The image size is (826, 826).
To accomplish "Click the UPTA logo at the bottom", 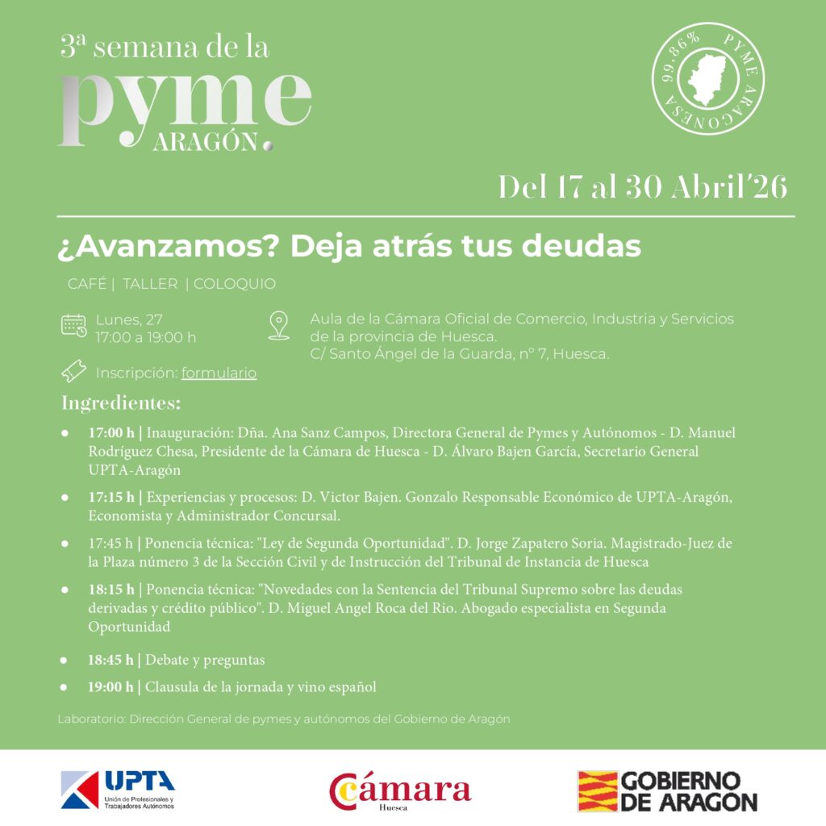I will [x=118, y=790].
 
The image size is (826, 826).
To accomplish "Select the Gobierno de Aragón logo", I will [x=667, y=791].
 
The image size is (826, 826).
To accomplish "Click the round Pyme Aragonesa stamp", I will [x=708, y=78].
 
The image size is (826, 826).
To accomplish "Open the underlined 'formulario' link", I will [x=219, y=373].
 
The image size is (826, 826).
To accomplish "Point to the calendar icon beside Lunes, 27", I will [x=74, y=326].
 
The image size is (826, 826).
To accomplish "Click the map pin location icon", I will [x=279, y=326].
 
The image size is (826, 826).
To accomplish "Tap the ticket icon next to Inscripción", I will [x=74, y=372].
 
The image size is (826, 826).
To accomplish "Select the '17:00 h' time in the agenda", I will [x=111, y=433].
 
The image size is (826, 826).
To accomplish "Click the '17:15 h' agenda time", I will [x=111, y=496].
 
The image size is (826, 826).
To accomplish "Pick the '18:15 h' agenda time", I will [x=111, y=590].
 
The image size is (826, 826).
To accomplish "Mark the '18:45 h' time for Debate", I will [x=111, y=660].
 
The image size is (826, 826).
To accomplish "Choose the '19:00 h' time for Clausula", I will [x=111, y=687].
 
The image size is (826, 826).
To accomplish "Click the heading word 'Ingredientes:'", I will [x=121, y=403].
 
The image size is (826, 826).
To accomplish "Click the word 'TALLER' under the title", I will [x=149, y=284].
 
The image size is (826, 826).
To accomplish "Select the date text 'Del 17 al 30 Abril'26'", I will [x=642, y=187].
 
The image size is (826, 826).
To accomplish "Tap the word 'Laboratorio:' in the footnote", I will [x=90, y=719].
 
